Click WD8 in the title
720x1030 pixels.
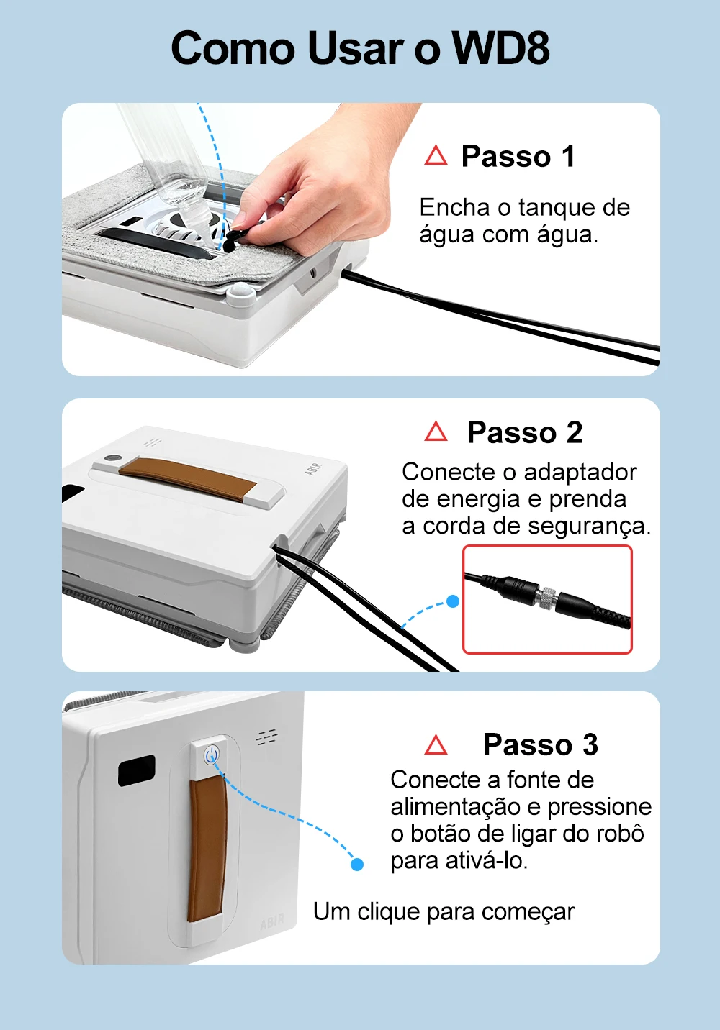[500, 49]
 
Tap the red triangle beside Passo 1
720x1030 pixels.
[436, 155]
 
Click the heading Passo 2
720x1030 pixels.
[524, 432]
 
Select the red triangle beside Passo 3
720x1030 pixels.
[436, 744]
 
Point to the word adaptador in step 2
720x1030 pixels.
[580, 472]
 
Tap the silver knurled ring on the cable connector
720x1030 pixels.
[546, 597]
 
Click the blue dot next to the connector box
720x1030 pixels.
[453, 601]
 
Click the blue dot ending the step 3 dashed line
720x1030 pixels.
[356, 864]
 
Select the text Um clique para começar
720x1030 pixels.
[444, 911]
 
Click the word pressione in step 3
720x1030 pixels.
[599, 807]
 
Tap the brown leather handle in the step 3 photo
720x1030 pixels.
[207, 849]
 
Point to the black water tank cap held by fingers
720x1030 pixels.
[234, 238]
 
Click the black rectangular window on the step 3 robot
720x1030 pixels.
[137, 770]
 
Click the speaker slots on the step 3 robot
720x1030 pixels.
[267, 737]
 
